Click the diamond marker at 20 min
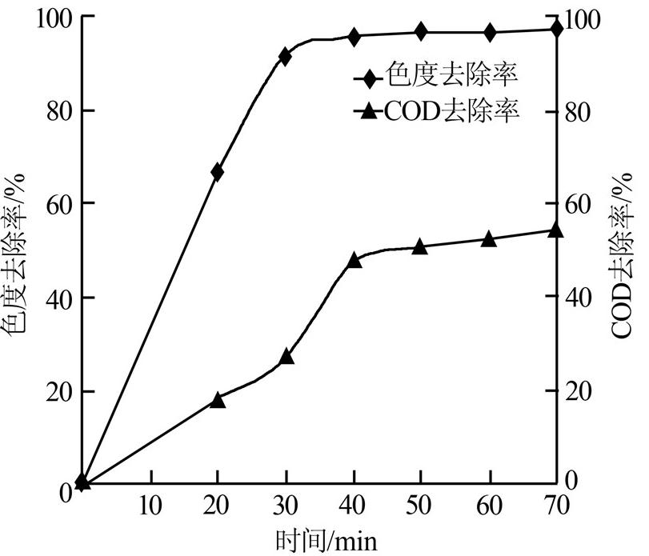point(217,172)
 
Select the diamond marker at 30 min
point(286,56)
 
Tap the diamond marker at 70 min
point(557,30)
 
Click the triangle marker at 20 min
point(217,400)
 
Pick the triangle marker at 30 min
point(286,357)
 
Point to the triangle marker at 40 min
point(355,260)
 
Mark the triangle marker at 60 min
point(489,238)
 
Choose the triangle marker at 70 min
point(557,231)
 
